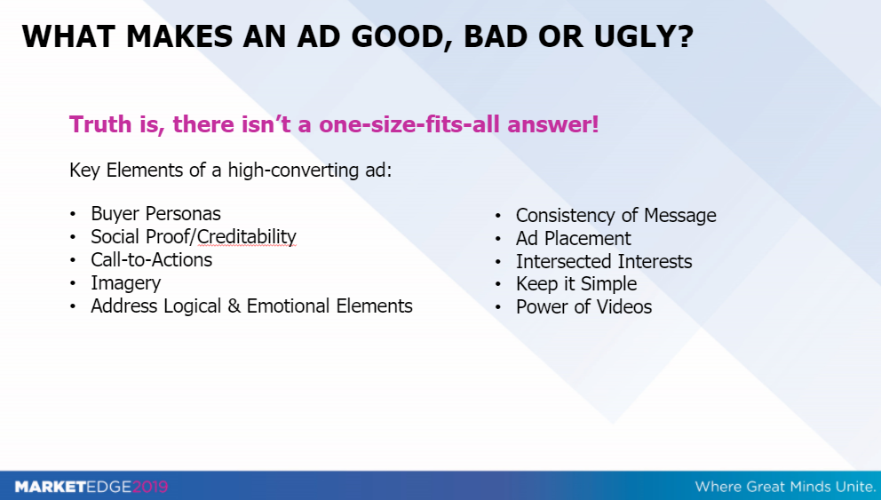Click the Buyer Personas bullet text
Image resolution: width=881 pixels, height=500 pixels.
click(x=155, y=213)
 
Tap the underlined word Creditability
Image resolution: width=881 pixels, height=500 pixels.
click(x=246, y=236)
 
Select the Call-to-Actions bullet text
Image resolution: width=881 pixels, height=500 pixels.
click(x=152, y=259)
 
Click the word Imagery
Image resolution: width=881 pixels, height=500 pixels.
click(x=126, y=283)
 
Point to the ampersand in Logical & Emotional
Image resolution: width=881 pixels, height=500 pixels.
click(x=234, y=306)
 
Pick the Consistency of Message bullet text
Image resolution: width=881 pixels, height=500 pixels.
click(x=615, y=215)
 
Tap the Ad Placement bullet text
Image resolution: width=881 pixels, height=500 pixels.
click(x=573, y=238)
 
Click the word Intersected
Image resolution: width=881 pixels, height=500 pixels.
click(x=556, y=261)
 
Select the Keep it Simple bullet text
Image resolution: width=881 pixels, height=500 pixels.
click(x=575, y=284)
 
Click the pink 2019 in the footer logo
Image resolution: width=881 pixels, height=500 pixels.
click(x=150, y=487)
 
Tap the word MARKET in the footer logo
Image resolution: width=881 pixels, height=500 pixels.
click(x=51, y=487)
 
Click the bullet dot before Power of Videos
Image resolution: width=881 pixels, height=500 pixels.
click(x=498, y=307)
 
